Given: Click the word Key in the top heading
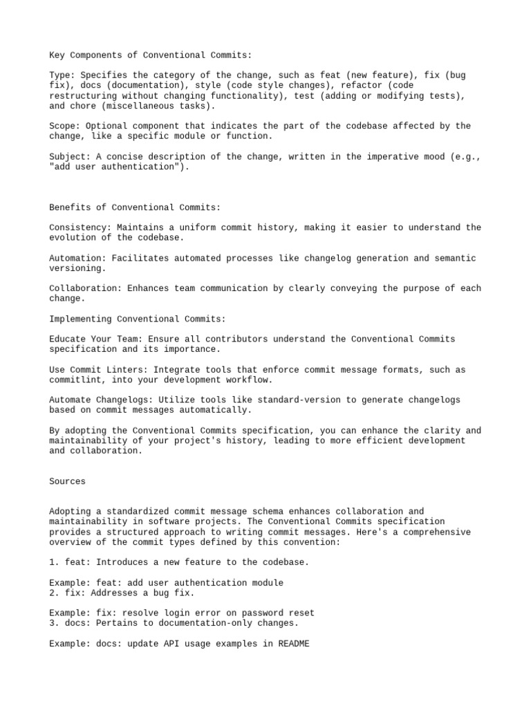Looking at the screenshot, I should (57, 55).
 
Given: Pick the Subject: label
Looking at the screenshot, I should (71, 156).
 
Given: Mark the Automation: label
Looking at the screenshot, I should (78, 258).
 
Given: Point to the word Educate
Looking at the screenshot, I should (68, 339).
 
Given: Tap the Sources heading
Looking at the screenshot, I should (68, 481).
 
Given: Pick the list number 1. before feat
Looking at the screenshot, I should (55, 562).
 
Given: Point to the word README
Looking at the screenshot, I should (294, 644).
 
